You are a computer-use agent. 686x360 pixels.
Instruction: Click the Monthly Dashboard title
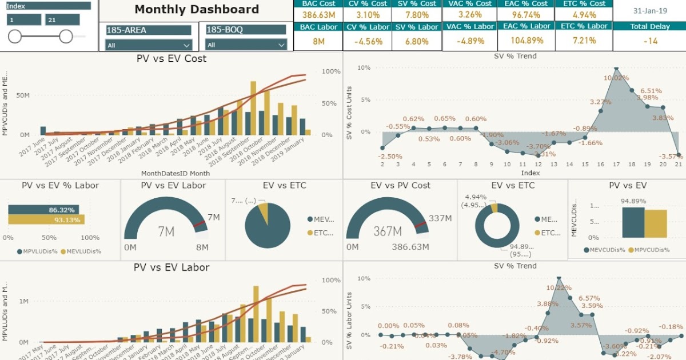coord(197,10)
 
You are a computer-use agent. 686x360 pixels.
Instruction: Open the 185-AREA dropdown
coord(148,45)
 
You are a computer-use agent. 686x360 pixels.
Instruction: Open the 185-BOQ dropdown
coord(246,45)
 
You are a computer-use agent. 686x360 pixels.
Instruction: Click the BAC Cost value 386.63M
coord(318,15)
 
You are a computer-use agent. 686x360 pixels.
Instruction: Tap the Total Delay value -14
coord(649,41)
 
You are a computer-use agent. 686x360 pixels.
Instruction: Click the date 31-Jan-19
coord(649,10)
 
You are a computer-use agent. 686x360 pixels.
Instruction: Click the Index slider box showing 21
coord(62,19)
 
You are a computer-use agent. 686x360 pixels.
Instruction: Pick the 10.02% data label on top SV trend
coord(616,78)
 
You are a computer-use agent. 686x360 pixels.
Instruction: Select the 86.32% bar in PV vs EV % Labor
coord(43,210)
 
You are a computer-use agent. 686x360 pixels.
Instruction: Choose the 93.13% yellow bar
coord(46,220)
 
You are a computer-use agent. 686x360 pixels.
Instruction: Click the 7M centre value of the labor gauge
coord(166,231)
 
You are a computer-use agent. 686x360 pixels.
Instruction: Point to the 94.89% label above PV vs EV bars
coord(633,201)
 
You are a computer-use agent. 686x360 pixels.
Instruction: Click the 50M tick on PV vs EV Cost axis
coord(23,95)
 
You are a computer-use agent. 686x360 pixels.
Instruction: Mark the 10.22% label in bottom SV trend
coord(558,288)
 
